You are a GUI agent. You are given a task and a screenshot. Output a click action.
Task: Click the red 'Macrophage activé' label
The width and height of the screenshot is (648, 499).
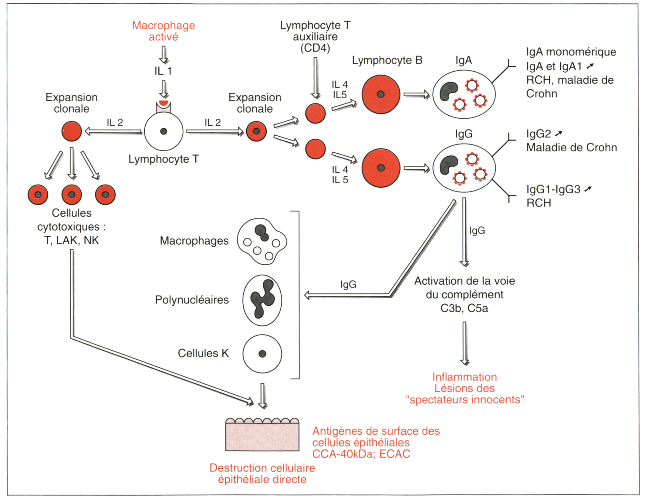coord(163,31)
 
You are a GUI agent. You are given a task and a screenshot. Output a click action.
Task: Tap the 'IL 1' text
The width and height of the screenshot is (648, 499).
coord(163,71)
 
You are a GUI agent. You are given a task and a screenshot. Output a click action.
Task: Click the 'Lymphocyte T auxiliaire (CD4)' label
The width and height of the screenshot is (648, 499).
coord(315,37)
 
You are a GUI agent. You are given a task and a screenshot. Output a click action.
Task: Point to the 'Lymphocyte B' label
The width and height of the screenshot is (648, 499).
coord(387,60)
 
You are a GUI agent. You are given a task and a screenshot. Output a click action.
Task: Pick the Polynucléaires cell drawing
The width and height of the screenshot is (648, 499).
coord(262,300)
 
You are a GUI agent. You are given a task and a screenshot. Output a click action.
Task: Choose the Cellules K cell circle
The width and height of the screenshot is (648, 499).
coord(262,354)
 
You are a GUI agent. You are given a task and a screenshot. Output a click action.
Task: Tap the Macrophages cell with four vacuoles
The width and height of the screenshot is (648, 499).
coord(262,241)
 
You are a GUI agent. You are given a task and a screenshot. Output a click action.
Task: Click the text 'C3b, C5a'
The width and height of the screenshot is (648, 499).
coord(464,308)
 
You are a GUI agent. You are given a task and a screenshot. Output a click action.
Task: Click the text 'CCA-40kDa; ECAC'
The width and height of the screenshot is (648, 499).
coord(361,454)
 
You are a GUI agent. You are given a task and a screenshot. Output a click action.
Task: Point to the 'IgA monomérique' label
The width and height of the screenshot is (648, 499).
coord(571,52)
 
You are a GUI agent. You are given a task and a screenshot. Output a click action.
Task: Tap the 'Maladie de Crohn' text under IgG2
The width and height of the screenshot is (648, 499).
coord(572,148)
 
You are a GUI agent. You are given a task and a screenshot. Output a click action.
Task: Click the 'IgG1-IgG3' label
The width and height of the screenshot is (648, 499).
coord(553,189)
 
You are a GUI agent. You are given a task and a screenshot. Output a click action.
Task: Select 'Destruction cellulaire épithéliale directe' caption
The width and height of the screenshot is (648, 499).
coord(262,474)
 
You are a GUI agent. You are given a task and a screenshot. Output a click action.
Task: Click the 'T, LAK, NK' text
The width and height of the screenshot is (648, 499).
coord(72,240)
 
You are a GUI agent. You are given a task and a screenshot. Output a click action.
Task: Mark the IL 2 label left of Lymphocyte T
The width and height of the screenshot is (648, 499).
coord(115,123)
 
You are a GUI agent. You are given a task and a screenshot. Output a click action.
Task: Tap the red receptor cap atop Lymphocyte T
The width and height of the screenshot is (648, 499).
coord(164,103)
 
